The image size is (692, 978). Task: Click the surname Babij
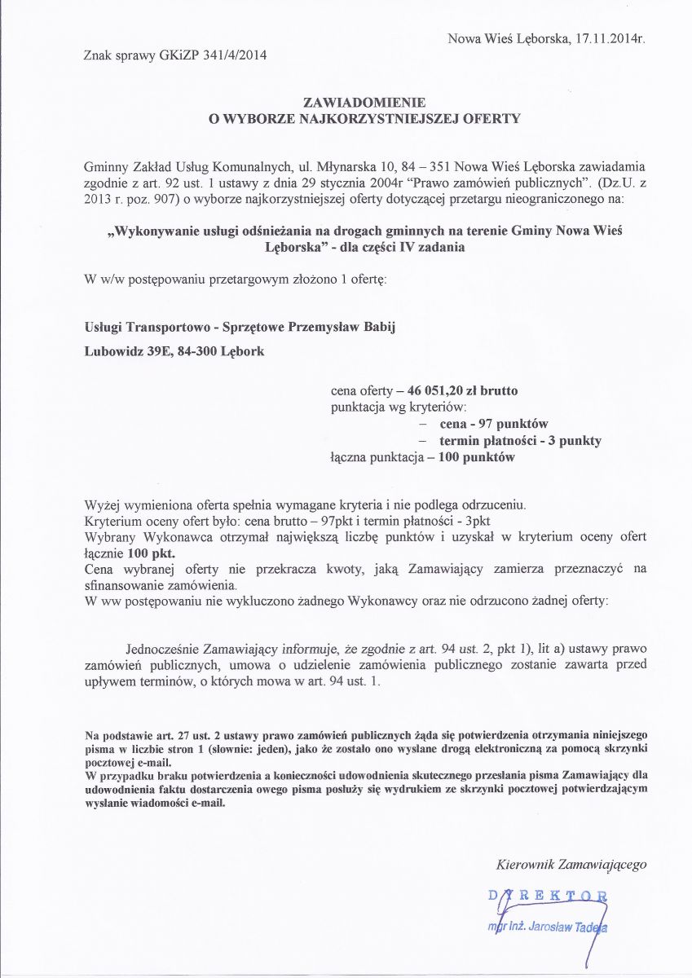[380, 328]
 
